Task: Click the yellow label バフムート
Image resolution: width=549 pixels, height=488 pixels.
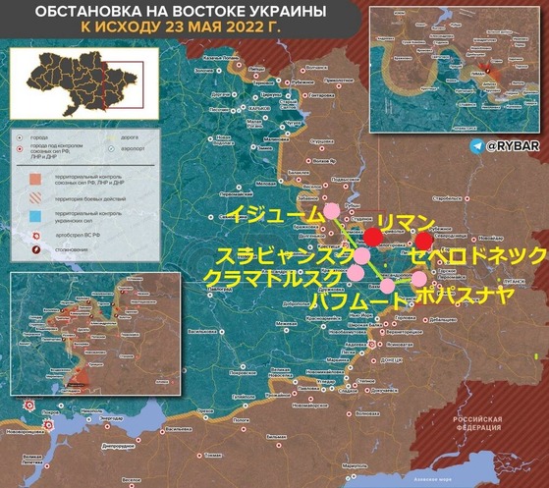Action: click(356, 300)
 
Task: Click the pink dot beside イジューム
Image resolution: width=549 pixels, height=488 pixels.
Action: click(332, 210)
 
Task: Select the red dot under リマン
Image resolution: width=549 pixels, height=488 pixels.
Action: click(373, 237)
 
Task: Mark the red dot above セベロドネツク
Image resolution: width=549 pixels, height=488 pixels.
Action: click(423, 242)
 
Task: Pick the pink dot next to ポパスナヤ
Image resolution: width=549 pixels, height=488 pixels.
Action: click(419, 279)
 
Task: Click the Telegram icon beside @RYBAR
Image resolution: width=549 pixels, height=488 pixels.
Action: click(477, 145)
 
